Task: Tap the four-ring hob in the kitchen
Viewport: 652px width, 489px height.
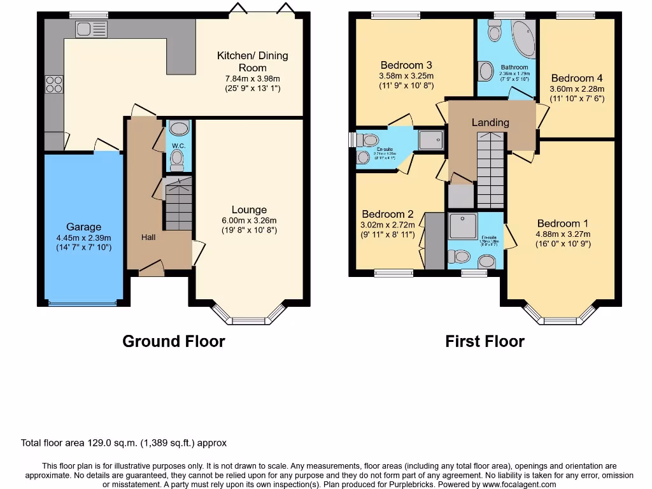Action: point(53,85)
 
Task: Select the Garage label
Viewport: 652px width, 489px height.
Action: point(84,227)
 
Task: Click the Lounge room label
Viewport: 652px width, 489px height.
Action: point(249,209)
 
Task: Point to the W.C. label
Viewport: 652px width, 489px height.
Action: point(177,145)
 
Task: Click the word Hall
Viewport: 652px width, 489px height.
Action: point(148,237)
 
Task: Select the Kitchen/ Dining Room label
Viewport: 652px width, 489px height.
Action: point(252,62)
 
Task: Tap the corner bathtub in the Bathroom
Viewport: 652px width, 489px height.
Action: point(523,39)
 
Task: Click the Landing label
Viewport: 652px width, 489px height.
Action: point(490,122)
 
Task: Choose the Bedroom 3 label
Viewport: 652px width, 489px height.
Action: point(406,65)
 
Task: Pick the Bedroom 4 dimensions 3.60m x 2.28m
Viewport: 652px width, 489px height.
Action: point(577,89)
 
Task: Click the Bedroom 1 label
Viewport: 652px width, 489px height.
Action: point(563,223)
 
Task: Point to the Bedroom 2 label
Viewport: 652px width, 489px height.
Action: point(388,215)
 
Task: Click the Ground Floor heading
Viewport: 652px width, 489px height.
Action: point(173,341)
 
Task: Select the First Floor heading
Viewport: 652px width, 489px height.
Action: point(485,341)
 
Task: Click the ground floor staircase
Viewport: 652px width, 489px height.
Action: point(178,205)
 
